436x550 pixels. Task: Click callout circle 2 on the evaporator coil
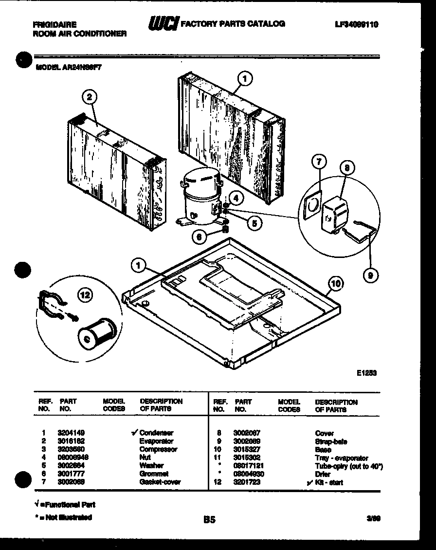[x=89, y=97]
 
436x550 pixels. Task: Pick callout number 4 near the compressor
[x=236, y=198]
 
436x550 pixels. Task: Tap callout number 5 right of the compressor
[x=254, y=223]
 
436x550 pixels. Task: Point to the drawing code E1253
[x=367, y=373]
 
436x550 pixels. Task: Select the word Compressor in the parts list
[x=158, y=449]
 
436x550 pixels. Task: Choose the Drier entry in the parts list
[x=323, y=474]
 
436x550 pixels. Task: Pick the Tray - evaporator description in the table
[x=342, y=458]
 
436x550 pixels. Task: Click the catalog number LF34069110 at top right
[x=357, y=24]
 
